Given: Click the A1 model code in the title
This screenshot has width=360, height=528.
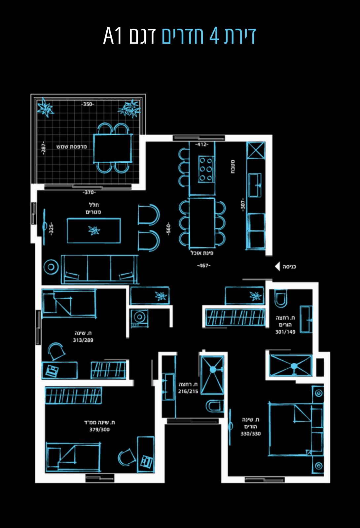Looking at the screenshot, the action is click(113, 36).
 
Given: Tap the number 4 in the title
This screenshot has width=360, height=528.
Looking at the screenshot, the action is click(214, 36).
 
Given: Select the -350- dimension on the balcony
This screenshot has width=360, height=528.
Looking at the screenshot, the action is click(88, 104).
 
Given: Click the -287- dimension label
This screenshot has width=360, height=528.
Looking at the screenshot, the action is click(43, 148).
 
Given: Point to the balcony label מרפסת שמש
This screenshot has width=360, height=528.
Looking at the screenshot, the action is click(71, 147).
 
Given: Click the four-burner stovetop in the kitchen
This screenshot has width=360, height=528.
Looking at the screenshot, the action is click(205, 169).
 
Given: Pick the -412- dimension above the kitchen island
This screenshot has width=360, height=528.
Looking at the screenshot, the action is click(202, 144).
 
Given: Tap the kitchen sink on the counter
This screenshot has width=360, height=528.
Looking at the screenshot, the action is click(255, 185).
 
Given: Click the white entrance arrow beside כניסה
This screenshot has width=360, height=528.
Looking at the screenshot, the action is click(277, 266).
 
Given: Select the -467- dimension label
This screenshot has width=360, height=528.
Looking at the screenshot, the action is click(203, 266).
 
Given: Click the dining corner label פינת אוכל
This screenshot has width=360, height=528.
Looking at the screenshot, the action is click(202, 253).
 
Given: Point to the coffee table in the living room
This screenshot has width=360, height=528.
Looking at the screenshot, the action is click(94, 231).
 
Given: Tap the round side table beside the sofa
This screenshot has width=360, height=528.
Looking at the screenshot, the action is click(51, 267).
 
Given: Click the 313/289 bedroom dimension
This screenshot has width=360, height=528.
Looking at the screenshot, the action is click(83, 340).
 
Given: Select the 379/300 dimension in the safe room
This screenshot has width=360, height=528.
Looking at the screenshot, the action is click(99, 429).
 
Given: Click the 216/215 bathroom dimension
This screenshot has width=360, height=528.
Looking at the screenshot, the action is click(188, 391).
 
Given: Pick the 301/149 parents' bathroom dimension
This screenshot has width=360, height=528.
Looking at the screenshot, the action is click(285, 332).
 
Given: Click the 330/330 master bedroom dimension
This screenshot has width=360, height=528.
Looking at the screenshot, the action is click(251, 434).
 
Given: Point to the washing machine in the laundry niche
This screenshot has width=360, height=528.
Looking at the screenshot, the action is click(140, 318).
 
